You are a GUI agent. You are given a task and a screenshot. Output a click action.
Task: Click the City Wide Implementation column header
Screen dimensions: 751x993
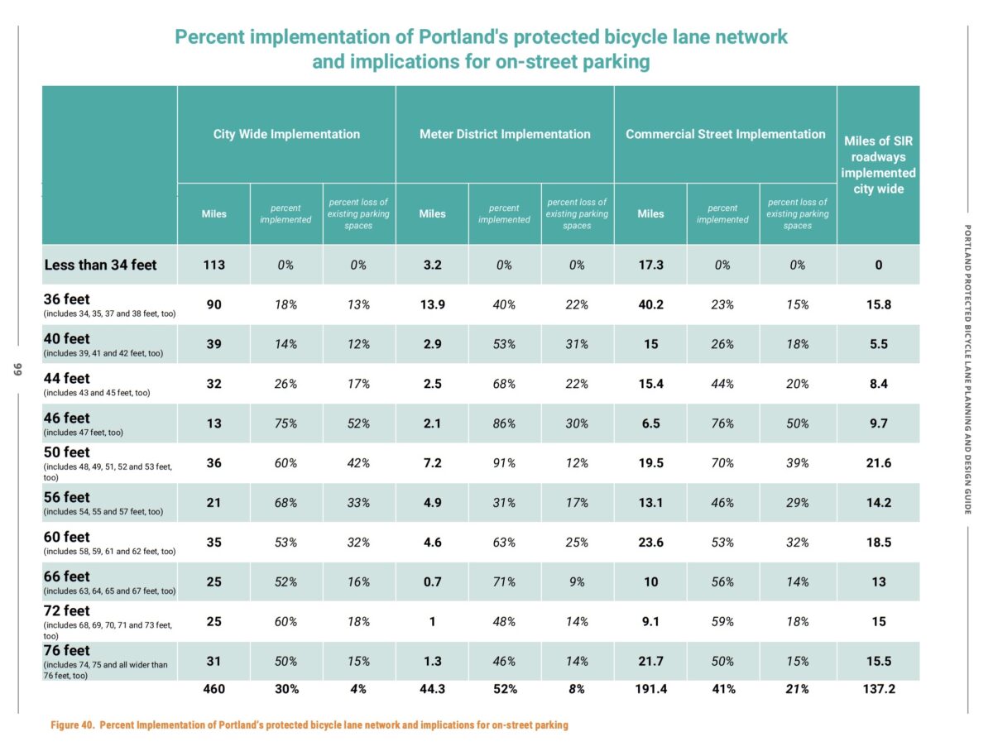[x=286, y=134]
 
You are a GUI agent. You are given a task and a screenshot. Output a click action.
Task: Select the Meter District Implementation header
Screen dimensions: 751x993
[x=505, y=134]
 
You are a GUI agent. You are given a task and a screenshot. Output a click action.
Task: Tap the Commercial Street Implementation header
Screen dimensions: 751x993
[x=725, y=134]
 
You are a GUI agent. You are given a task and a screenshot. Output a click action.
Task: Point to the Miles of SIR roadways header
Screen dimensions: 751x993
[x=878, y=165]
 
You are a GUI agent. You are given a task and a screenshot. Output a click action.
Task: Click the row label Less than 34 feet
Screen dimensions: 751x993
[x=99, y=265]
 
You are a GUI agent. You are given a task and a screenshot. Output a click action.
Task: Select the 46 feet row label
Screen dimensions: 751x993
[x=66, y=419]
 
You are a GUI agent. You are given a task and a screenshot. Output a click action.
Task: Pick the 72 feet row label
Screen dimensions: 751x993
[x=66, y=611]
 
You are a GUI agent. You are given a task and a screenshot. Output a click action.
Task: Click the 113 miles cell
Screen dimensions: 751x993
[x=213, y=265]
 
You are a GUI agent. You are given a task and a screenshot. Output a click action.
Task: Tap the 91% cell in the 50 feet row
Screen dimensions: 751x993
[x=504, y=463]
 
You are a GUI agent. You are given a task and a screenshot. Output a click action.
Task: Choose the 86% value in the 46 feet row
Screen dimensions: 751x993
[x=504, y=423]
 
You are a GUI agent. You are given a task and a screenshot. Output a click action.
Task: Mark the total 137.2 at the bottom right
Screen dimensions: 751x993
[x=878, y=688]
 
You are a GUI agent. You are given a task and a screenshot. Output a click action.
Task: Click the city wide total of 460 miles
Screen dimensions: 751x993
[x=213, y=688]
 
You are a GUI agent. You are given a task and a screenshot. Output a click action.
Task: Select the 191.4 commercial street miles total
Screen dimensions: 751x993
[x=650, y=688]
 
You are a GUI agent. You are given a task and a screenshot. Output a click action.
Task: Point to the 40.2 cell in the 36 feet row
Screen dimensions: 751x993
[x=650, y=305]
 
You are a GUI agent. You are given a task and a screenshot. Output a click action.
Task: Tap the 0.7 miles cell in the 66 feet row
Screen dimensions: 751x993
[x=432, y=582]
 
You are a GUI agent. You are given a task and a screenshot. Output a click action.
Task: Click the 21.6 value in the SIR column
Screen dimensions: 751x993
[x=878, y=463]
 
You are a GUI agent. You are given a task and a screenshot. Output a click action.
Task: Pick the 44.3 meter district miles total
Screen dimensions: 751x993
[x=432, y=688]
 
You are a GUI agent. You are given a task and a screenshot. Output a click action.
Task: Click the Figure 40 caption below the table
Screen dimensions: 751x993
[x=309, y=725]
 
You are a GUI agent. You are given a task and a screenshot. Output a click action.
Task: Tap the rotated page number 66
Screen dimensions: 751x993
[x=16, y=368]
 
